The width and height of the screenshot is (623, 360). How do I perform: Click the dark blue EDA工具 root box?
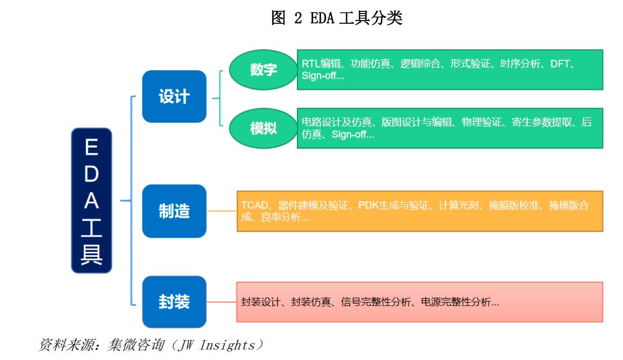[91, 200]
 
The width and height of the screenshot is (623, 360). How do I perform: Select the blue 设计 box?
[174, 96]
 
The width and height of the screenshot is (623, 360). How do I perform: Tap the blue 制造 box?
[174, 211]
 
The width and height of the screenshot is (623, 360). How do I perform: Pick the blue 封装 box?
[174, 302]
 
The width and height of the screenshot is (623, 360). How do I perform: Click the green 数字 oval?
[263, 70]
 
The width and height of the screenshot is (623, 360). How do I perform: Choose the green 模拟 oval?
[263, 129]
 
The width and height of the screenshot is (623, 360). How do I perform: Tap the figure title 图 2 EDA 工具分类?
[336, 18]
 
